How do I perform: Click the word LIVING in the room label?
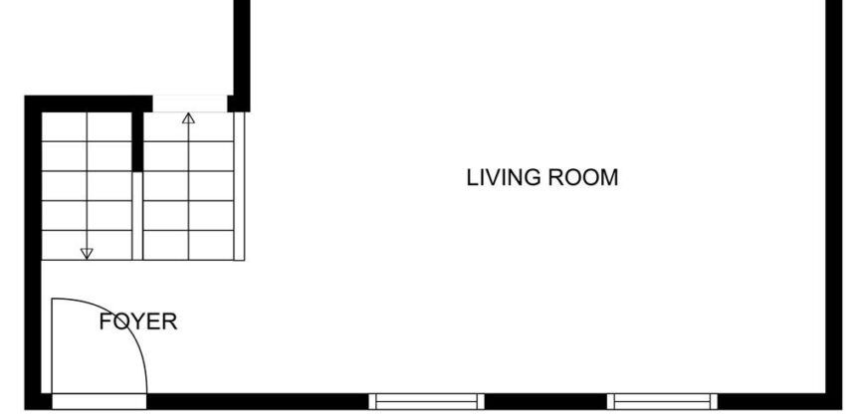[x=503, y=178]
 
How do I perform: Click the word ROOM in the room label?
[x=582, y=178]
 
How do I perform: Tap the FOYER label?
[x=138, y=321]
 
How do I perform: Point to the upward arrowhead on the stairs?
[x=188, y=118]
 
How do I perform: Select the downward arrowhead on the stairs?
[x=87, y=254]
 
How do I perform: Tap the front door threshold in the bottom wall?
[x=100, y=401]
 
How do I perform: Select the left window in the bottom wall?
[x=426, y=401]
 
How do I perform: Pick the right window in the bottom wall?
[x=662, y=401]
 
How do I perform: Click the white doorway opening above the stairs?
[x=190, y=104]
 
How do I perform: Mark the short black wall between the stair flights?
[x=137, y=141]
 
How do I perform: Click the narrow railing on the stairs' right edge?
[x=239, y=186]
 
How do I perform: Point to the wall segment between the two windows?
[x=545, y=401]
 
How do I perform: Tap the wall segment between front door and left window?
[x=258, y=401]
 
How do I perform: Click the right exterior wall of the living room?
[x=833, y=204]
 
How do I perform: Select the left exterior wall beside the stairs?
[x=33, y=253]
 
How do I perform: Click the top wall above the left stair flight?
[x=89, y=104]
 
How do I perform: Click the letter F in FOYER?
[x=105, y=321]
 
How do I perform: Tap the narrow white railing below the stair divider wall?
[x=137, y=215]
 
